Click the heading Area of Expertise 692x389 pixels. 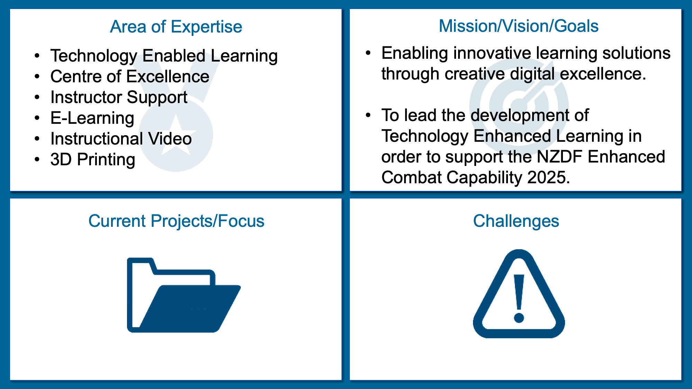coord(176,27)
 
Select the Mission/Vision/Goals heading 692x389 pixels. coord(518,26)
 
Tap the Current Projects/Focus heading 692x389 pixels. coord(176,221)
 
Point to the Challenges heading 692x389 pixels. coord(516,221)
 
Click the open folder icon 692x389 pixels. coord(183,295)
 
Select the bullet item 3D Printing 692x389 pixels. coord(93,159)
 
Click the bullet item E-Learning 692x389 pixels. coord(92,118)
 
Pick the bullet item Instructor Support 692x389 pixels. coord(119,98)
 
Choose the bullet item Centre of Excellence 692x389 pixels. coord(130,76)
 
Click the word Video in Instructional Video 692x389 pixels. coord(170,139)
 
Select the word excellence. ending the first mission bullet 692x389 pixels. coord(603,74)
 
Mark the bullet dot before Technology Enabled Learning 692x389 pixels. coord(37,56)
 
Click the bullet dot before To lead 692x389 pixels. coord(368,115)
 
